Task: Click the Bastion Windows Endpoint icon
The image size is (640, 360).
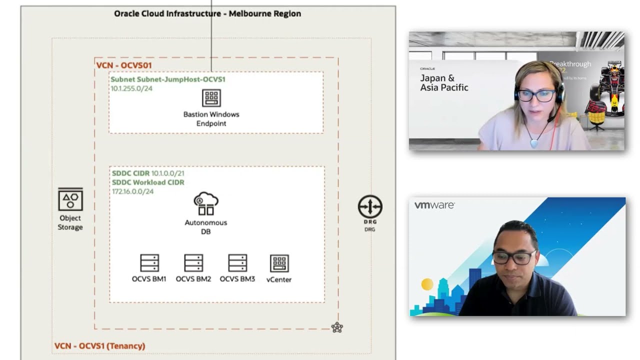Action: click(211, 98)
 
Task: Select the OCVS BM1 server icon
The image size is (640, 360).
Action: click(149, 263)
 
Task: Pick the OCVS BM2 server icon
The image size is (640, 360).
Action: click(193, 263)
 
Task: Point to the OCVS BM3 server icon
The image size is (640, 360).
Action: click(237, 263)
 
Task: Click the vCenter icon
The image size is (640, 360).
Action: click(279, 263)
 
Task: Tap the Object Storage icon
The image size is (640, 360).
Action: click(70, 199)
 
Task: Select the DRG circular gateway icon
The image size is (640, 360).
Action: click(370, 207)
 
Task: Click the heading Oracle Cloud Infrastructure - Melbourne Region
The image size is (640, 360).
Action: click(207, 13)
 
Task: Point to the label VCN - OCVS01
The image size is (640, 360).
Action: click(123, 65)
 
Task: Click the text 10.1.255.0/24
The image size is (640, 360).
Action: click(131, 88)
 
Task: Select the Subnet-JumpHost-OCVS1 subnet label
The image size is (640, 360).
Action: click(168, 79)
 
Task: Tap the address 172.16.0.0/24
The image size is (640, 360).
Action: click(132, 191)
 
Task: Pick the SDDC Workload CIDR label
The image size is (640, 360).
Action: click(148, 182)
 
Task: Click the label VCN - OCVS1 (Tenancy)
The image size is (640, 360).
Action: click(99, 346)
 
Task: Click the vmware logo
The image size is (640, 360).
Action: click(434, 205)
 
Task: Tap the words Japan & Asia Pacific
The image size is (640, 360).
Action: click(444, 83)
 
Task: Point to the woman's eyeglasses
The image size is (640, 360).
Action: click(536, 95)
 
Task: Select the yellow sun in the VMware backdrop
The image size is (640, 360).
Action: click(427, 284)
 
